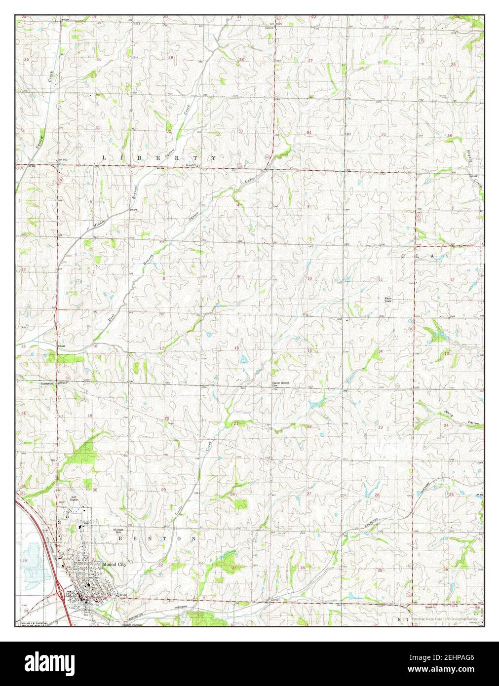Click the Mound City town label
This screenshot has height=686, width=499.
pos(115,564)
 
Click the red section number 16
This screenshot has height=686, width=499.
pos(237,348)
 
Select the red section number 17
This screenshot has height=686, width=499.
pos(161,348)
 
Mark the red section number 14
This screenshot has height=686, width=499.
pos(381,351)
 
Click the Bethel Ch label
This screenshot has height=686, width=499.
pos(191,165)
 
